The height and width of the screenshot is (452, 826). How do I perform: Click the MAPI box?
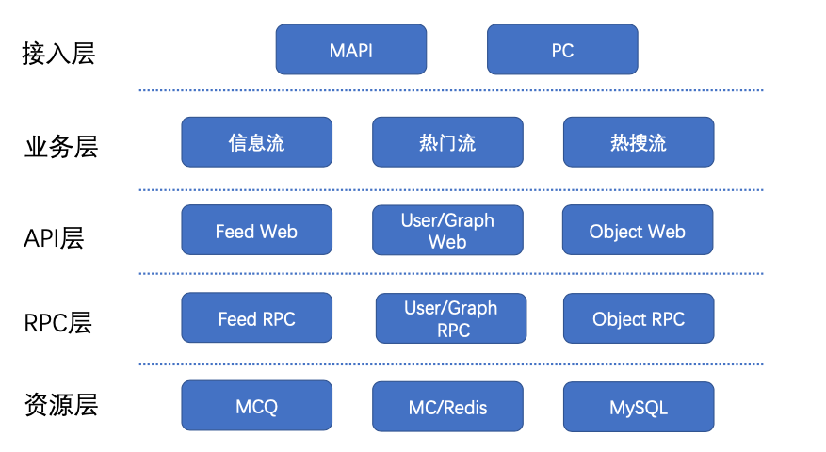(351, 50)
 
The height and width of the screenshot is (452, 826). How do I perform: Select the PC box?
(562, 50)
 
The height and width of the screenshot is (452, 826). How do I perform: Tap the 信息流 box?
(256, 142)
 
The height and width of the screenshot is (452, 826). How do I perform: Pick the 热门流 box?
(447, 142)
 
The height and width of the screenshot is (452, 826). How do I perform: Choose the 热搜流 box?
(639, 142)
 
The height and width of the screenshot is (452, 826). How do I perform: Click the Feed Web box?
(256, 230)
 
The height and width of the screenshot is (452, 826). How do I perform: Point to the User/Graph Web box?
(447, 230)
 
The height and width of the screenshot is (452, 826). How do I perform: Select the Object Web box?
(638, 230)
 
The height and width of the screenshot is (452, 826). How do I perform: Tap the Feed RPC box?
(256, 317)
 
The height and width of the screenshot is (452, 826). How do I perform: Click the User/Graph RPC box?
(451, 318)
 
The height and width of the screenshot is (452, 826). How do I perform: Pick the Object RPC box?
(639, 318)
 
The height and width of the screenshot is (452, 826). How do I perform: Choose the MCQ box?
(256, 406)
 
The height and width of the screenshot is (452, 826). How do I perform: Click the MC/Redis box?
(447, 407)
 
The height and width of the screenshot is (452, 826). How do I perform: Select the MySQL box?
(639, 407)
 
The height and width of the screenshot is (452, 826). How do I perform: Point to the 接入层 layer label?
(58, 54)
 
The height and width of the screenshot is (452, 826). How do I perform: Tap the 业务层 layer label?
(61, 147)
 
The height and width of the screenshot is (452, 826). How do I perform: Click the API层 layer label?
(54, 238)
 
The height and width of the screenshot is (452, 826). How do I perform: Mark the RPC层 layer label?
(58, 323)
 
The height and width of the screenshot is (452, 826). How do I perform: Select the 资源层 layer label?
(61, 405)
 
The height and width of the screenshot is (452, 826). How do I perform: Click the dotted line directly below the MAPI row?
(451, 90)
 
